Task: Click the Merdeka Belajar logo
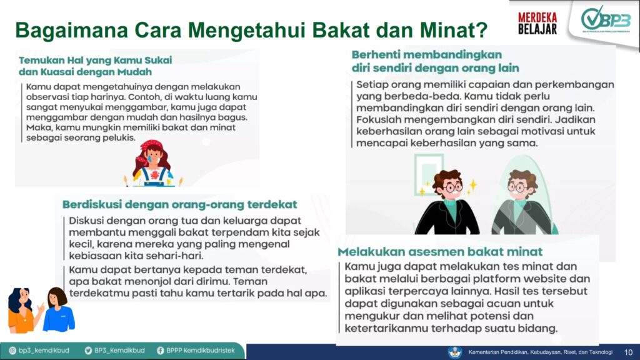(x=537, y=23)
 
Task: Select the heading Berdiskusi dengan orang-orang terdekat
(x=179, y=204)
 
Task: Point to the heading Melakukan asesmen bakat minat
(x=440, y=251)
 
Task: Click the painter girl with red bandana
(x=153, y=163)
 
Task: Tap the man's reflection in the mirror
(x=521, y=202)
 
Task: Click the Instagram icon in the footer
(x=12, y=351)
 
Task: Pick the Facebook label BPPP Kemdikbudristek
(x=201, y=351)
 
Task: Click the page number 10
(x=628, y=352)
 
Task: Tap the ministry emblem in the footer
(x=455, y=352)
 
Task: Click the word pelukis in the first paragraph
(x=121, y=137)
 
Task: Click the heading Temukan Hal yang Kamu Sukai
(x=96, y=60)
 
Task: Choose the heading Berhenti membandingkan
(x=427, y=55)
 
